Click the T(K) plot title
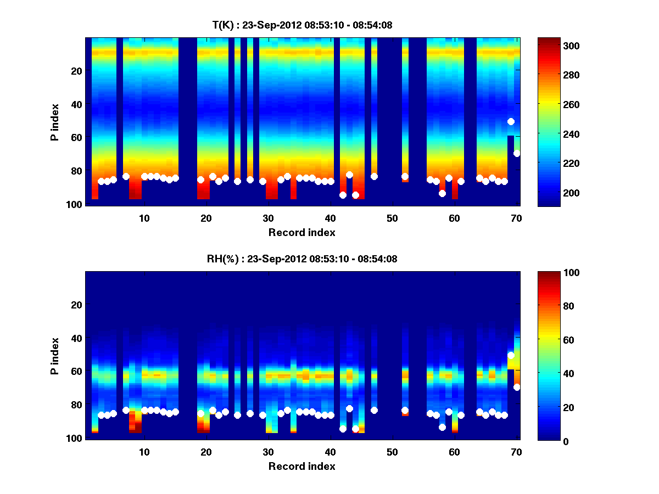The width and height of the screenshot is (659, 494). tap(302, 25)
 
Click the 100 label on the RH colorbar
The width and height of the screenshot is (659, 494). tap(555, 273)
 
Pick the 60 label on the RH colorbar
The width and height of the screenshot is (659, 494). tap(552, 340)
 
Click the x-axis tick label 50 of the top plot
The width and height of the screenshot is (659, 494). tap(392, 218)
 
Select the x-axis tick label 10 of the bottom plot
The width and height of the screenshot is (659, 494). tap(144, 452)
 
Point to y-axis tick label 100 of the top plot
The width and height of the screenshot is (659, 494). tap(76, 204)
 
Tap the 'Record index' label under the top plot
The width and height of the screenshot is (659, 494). tap(302, 232)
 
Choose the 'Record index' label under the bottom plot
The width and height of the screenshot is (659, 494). tap(302, 466)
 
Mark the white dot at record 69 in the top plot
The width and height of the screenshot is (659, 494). tap(511, 121)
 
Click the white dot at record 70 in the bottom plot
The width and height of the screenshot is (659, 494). tap(517, 387)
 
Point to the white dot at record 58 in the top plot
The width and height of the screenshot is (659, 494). tap(442, 193)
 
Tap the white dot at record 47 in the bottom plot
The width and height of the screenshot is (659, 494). tap(374, 410)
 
